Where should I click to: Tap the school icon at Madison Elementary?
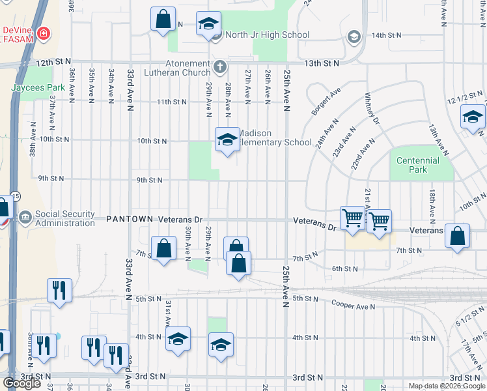[x=227, y=139]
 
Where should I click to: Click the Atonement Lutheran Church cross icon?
[x=220, y=66]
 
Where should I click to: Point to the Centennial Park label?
[x=418, y=165]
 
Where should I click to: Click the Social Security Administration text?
[x=65, y=218]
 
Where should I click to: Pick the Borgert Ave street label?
[x=326, y=103]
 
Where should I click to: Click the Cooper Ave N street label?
[x=354, y=304]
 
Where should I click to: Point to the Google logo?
[x=21, y=383]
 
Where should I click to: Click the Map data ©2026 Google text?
[x=447, y=386]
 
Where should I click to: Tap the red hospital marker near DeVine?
[x=43, y=33]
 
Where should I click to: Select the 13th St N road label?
[x=324, y=63]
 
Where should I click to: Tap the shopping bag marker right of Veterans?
[x=458, y=237]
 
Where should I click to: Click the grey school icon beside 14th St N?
[x=354, y=36]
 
